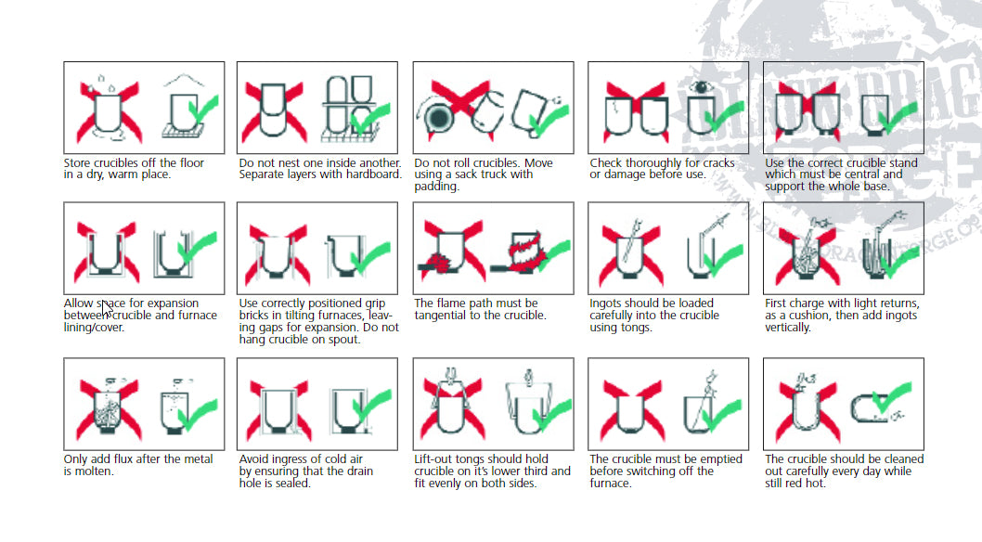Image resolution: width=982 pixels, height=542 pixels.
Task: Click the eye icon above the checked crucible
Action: coord(701,87)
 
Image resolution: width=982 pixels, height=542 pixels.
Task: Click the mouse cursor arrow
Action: coord(107,308)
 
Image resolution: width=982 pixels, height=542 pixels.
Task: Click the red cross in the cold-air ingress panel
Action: coord(278,408)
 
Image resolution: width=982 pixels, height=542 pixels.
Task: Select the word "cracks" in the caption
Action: coord(717,163)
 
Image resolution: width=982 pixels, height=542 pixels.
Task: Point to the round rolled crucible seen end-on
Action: coord(438,117)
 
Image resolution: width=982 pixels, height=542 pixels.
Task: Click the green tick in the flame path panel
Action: coord(550,256)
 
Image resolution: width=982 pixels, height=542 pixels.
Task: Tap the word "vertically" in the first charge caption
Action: coord(788,328)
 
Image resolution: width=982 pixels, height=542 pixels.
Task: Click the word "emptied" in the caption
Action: coord(721,459)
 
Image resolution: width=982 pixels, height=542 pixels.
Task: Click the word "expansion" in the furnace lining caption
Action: coord(172,303)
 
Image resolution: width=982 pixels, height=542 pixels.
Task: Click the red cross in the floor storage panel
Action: coord(109,112)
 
